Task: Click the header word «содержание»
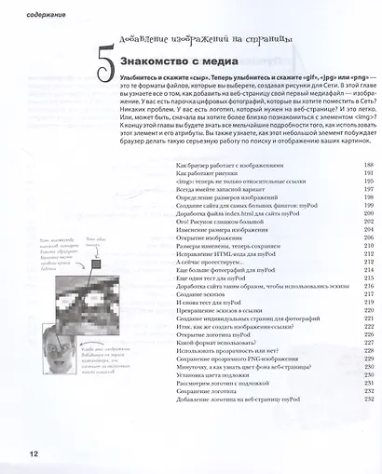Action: coord(32,14)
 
